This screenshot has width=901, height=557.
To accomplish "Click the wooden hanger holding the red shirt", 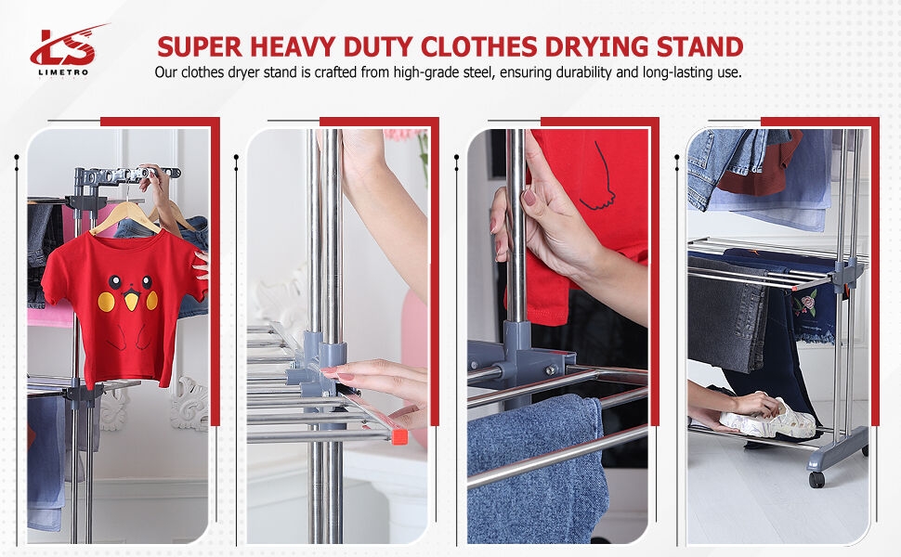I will pos(125,219).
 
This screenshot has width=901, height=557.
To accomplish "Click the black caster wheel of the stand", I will pos(816,479).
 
